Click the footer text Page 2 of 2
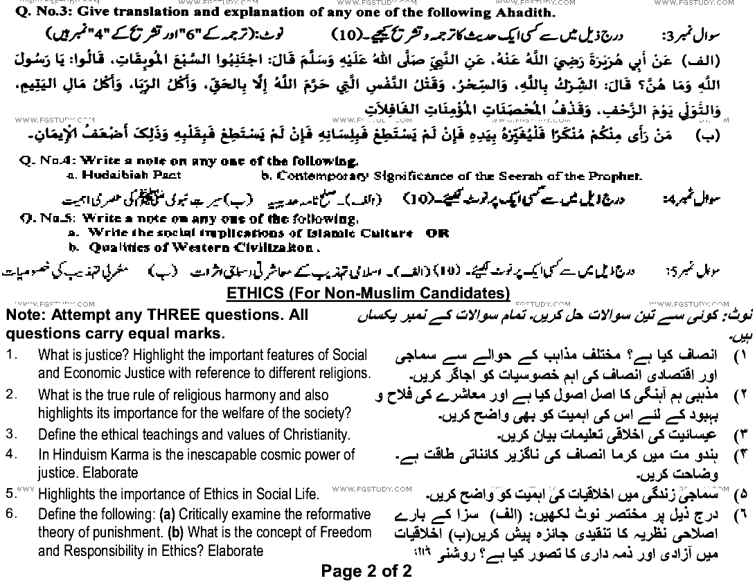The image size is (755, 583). pyautogui.click(x=366, y=571)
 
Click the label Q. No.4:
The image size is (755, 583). pyautogui.click(x=42, y=162)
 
